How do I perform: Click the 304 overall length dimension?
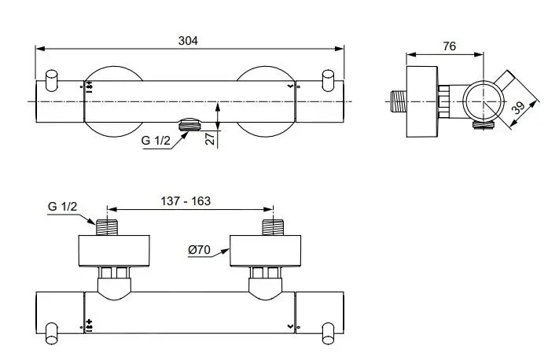[188, 41]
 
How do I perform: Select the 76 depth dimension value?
[449, 47]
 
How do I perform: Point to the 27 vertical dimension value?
[210, 139]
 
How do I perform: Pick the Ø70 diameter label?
[199, 251]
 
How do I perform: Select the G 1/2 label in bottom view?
[62, 206]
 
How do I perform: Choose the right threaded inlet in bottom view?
[272, 228]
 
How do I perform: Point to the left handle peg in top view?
[52, 80]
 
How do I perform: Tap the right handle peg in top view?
[329, 80]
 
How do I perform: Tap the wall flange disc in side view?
[422, 101]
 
